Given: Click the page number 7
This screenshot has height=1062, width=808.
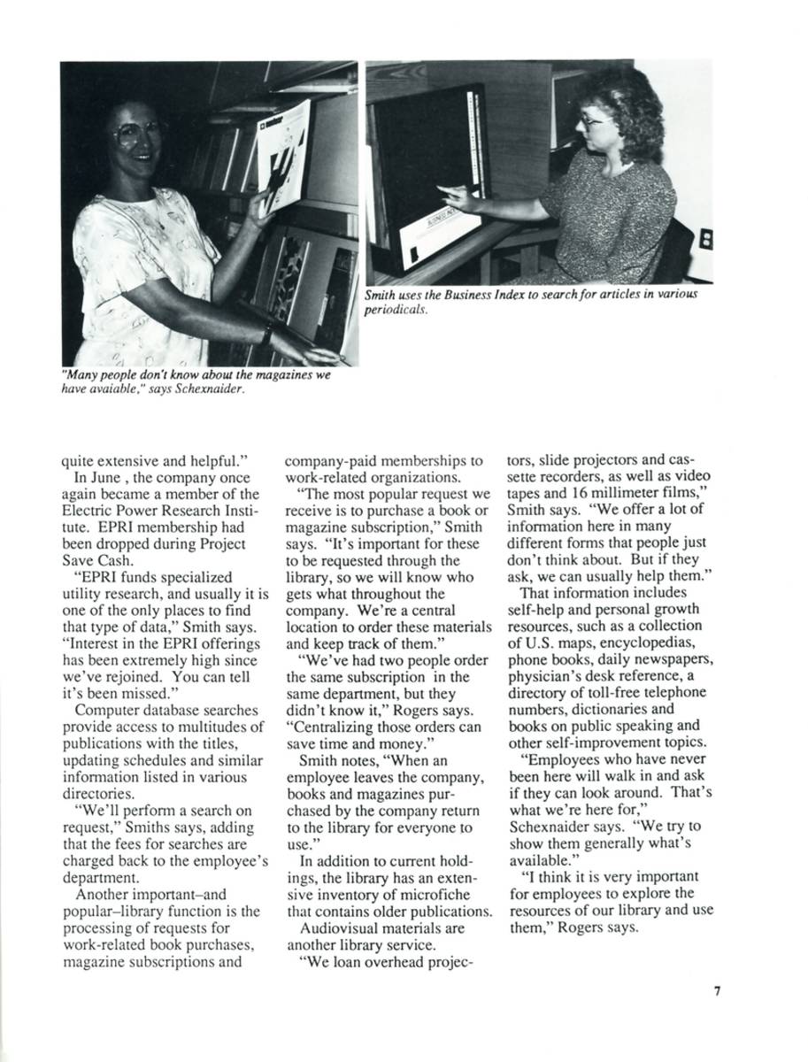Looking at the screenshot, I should [717, 991].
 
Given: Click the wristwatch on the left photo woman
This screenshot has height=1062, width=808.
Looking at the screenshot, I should [266, 334].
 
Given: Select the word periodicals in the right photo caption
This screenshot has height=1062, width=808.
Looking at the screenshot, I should [396, 310].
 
